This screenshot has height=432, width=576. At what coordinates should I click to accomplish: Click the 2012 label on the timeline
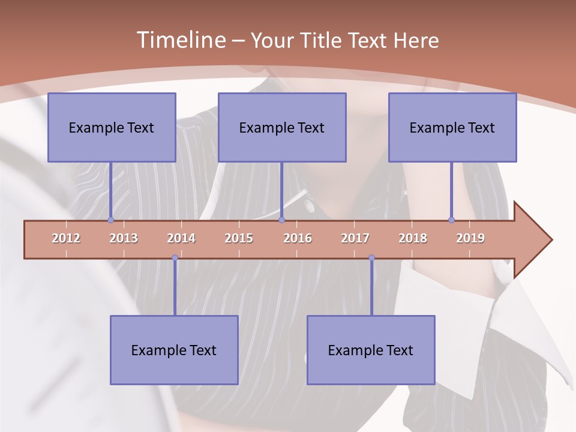tap(66, 238)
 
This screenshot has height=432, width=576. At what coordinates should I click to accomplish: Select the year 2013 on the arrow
tap(124, 238)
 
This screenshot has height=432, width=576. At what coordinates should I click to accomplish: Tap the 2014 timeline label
tap(181, 238)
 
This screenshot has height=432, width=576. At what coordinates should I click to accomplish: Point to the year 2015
tap(239, 238)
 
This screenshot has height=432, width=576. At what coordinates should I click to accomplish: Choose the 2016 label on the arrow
tap(298, 238)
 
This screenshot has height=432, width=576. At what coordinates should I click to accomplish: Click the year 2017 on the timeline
tap(355, 238)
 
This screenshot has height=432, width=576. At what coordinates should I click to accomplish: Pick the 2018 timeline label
tap(413, 238)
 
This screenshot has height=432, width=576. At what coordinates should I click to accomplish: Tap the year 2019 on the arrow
tap(470, 238)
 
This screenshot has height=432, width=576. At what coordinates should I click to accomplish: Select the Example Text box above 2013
tap(112, 127)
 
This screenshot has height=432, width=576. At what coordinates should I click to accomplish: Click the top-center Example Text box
tap(282, 127)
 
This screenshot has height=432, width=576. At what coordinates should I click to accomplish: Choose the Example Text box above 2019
tap(452, 127)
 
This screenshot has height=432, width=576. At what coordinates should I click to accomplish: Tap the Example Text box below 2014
tap(174, 350)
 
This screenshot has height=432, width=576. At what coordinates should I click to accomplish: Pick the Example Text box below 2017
tap(371, 350)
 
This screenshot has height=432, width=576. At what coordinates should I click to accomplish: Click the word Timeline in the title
tap(181, 40)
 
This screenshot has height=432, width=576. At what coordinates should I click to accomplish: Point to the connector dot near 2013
tap(110, 220)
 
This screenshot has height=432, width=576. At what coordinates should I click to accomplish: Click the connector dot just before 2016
tap(281, 220)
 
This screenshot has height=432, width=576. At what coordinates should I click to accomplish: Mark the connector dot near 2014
tap(175, 258)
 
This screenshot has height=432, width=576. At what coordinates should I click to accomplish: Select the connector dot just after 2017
tap(371, 258)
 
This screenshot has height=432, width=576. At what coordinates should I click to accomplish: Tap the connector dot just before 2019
tap(451, 220)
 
